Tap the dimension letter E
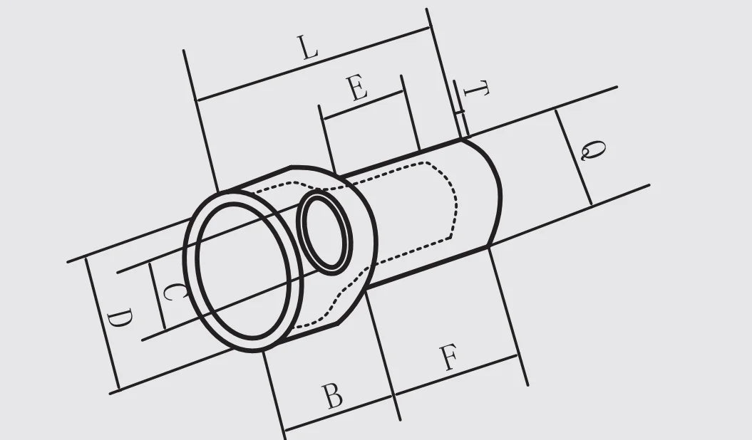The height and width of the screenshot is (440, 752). pyautogui.click(x=358, y=88)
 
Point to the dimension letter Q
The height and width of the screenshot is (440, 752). pyautogui.click(x=593, y=150)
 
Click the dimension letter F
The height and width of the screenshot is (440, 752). pyautogui.click(x=449, y=357)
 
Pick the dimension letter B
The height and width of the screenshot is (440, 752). pyautogui.click(x=332, y=396)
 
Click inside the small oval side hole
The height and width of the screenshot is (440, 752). pyautogui.click(x=325, y=233)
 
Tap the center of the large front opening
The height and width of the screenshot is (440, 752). pyautogui.click(x=244, y=271)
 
